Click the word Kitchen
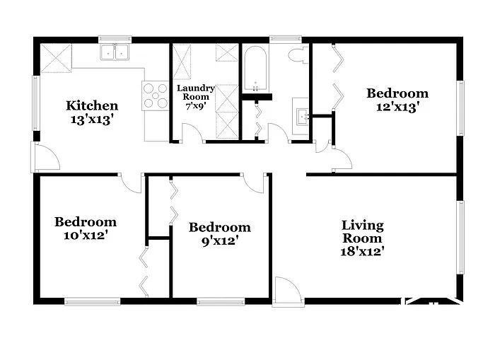92,106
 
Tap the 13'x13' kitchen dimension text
92,120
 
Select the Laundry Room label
196,93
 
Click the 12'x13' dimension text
397,107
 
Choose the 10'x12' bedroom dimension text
86,235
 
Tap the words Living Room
362,232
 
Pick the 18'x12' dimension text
362,251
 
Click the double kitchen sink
115,52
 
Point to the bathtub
254,69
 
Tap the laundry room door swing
192,132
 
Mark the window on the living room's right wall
460,237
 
